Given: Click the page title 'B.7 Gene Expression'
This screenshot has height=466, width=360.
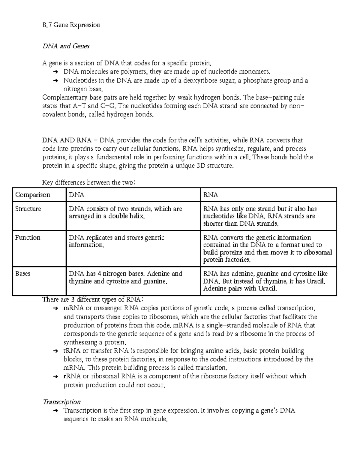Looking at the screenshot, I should (71, 25).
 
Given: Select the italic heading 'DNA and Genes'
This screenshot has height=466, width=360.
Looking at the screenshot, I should (66, 46).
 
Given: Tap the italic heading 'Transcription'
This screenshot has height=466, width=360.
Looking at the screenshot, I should (61, 402).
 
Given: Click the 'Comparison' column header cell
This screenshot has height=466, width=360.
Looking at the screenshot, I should (32, 195).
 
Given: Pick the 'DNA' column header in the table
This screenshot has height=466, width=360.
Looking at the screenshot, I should (76, 195).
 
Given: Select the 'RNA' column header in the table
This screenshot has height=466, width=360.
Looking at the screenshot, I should (211, 195).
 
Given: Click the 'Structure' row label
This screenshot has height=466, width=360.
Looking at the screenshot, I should (28, 209).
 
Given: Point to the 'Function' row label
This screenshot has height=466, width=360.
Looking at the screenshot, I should (28, 238).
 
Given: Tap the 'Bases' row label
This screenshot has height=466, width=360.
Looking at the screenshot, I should (23, 274).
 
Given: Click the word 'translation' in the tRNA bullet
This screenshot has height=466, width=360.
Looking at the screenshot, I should (211, 368).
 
